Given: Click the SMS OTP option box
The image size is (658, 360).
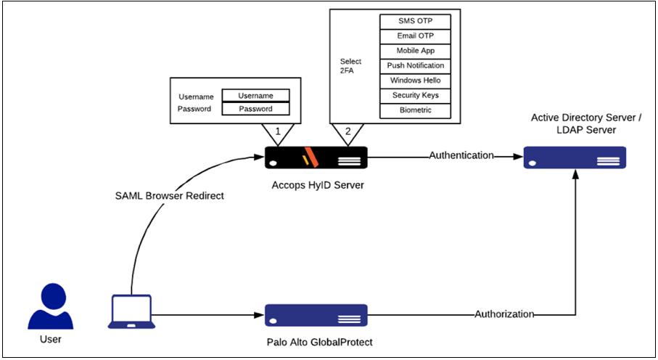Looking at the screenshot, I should point(416,21).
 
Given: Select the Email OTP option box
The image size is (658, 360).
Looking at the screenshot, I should point(416,36).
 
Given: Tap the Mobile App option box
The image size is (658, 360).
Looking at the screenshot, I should point(416,51).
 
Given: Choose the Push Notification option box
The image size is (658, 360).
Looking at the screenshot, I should point(416,66).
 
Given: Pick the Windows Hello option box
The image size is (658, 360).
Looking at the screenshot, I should point(416,81).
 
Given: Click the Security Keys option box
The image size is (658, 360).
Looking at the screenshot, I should point(416,96).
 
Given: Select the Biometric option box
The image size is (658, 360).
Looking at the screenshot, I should point(416,110).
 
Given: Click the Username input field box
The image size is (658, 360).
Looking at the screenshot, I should point(255,96).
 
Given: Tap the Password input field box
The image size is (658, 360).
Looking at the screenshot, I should point(255,109).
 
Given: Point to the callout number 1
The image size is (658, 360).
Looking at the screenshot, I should point(276,132).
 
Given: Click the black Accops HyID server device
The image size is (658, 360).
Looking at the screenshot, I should point(316,157).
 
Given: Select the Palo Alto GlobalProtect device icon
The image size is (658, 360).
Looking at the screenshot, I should point(316,315).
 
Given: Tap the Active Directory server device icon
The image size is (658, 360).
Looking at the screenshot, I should point(575,157).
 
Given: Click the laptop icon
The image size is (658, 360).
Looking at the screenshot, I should point(132,310).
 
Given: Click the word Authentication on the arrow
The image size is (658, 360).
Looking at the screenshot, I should point(461,155).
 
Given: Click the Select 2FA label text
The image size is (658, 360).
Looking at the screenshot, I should point(350,66).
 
